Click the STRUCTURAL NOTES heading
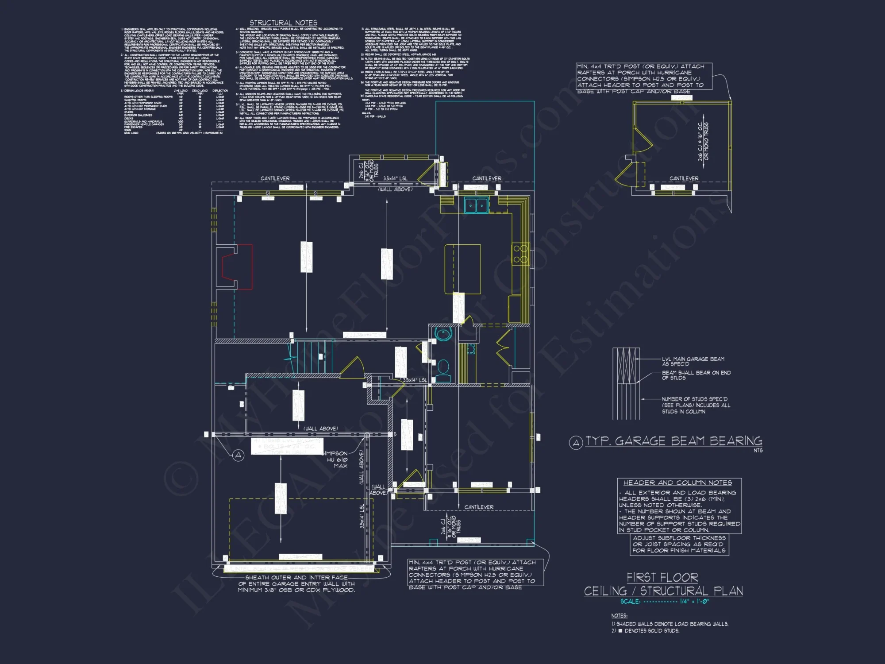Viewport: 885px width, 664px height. [283, 23]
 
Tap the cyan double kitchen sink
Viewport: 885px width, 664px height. [476, 205]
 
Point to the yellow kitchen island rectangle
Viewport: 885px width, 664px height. [463, 269]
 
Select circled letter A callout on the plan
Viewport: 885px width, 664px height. [239, 455]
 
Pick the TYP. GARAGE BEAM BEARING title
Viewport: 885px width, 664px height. [673, 441]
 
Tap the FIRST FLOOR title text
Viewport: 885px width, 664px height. [662, 578]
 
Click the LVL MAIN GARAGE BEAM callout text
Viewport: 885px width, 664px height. [693, 361]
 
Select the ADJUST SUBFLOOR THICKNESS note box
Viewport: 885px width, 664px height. [679, 544]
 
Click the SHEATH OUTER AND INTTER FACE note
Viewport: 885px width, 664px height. [296, 583]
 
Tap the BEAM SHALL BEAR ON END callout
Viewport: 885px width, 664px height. [696, 375]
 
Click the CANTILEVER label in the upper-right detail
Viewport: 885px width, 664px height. [684, 178]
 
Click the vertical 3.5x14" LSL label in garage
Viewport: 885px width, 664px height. [362, 516]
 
